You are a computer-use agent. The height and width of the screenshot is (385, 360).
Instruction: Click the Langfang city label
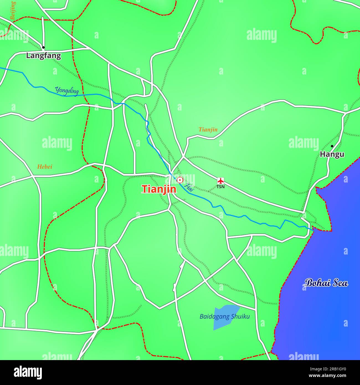[x=43, y=56]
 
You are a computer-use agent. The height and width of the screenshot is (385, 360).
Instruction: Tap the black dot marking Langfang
[x=43, y=47]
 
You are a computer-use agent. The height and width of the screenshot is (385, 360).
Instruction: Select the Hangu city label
[x=332, y=154]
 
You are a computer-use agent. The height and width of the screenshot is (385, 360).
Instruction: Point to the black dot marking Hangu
[x=332, y=146]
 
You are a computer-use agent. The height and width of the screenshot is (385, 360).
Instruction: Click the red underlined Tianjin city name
[x=159, y=189]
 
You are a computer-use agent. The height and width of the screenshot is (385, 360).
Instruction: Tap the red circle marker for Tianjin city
[x=180, y=180]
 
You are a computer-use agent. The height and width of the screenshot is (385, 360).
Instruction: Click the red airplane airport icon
[x=220, y=181]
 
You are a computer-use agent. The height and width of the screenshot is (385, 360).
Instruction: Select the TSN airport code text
[x=220, y=187]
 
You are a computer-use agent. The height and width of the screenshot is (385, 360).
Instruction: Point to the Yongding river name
[x=67, y=91]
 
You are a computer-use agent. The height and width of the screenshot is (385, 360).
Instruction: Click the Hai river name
[x=190, y=188]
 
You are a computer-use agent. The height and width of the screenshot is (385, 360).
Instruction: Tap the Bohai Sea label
[x=326, y=283]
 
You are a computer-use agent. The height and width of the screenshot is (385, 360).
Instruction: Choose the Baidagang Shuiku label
[x=225, y=316]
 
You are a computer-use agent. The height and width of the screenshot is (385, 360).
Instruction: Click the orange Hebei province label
[x=45, y=167]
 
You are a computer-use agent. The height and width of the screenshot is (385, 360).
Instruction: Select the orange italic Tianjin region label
[x=208, y=129]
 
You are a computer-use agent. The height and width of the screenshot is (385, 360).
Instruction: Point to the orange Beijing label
[x=13, y=11]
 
